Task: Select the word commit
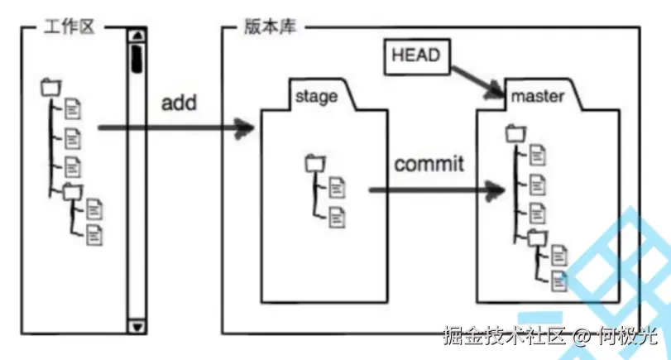pyautogui.click(x=429, y=163)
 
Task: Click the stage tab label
pyautogui.click(x=315, y=97)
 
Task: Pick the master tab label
pyautogui.click(x=538, y=97)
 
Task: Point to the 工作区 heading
pyautogui.click(x=69, y=26)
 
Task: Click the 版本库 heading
pyautogui.click(x=264, y=26)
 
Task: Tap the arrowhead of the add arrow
pyautogui.click(x=246, y=128)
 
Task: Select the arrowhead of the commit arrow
pyautogui.click(x=497, y=190)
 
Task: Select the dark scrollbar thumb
pyautogui.click(x=135, y=58)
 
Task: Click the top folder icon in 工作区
pyautogui.click(x=50, y=85)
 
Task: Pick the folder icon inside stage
pyautogui.click(x=314, y=163)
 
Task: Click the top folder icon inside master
pyautogui.click(x=514, y=131)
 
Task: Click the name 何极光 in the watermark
pyautogui.click(x=625, y=337)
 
